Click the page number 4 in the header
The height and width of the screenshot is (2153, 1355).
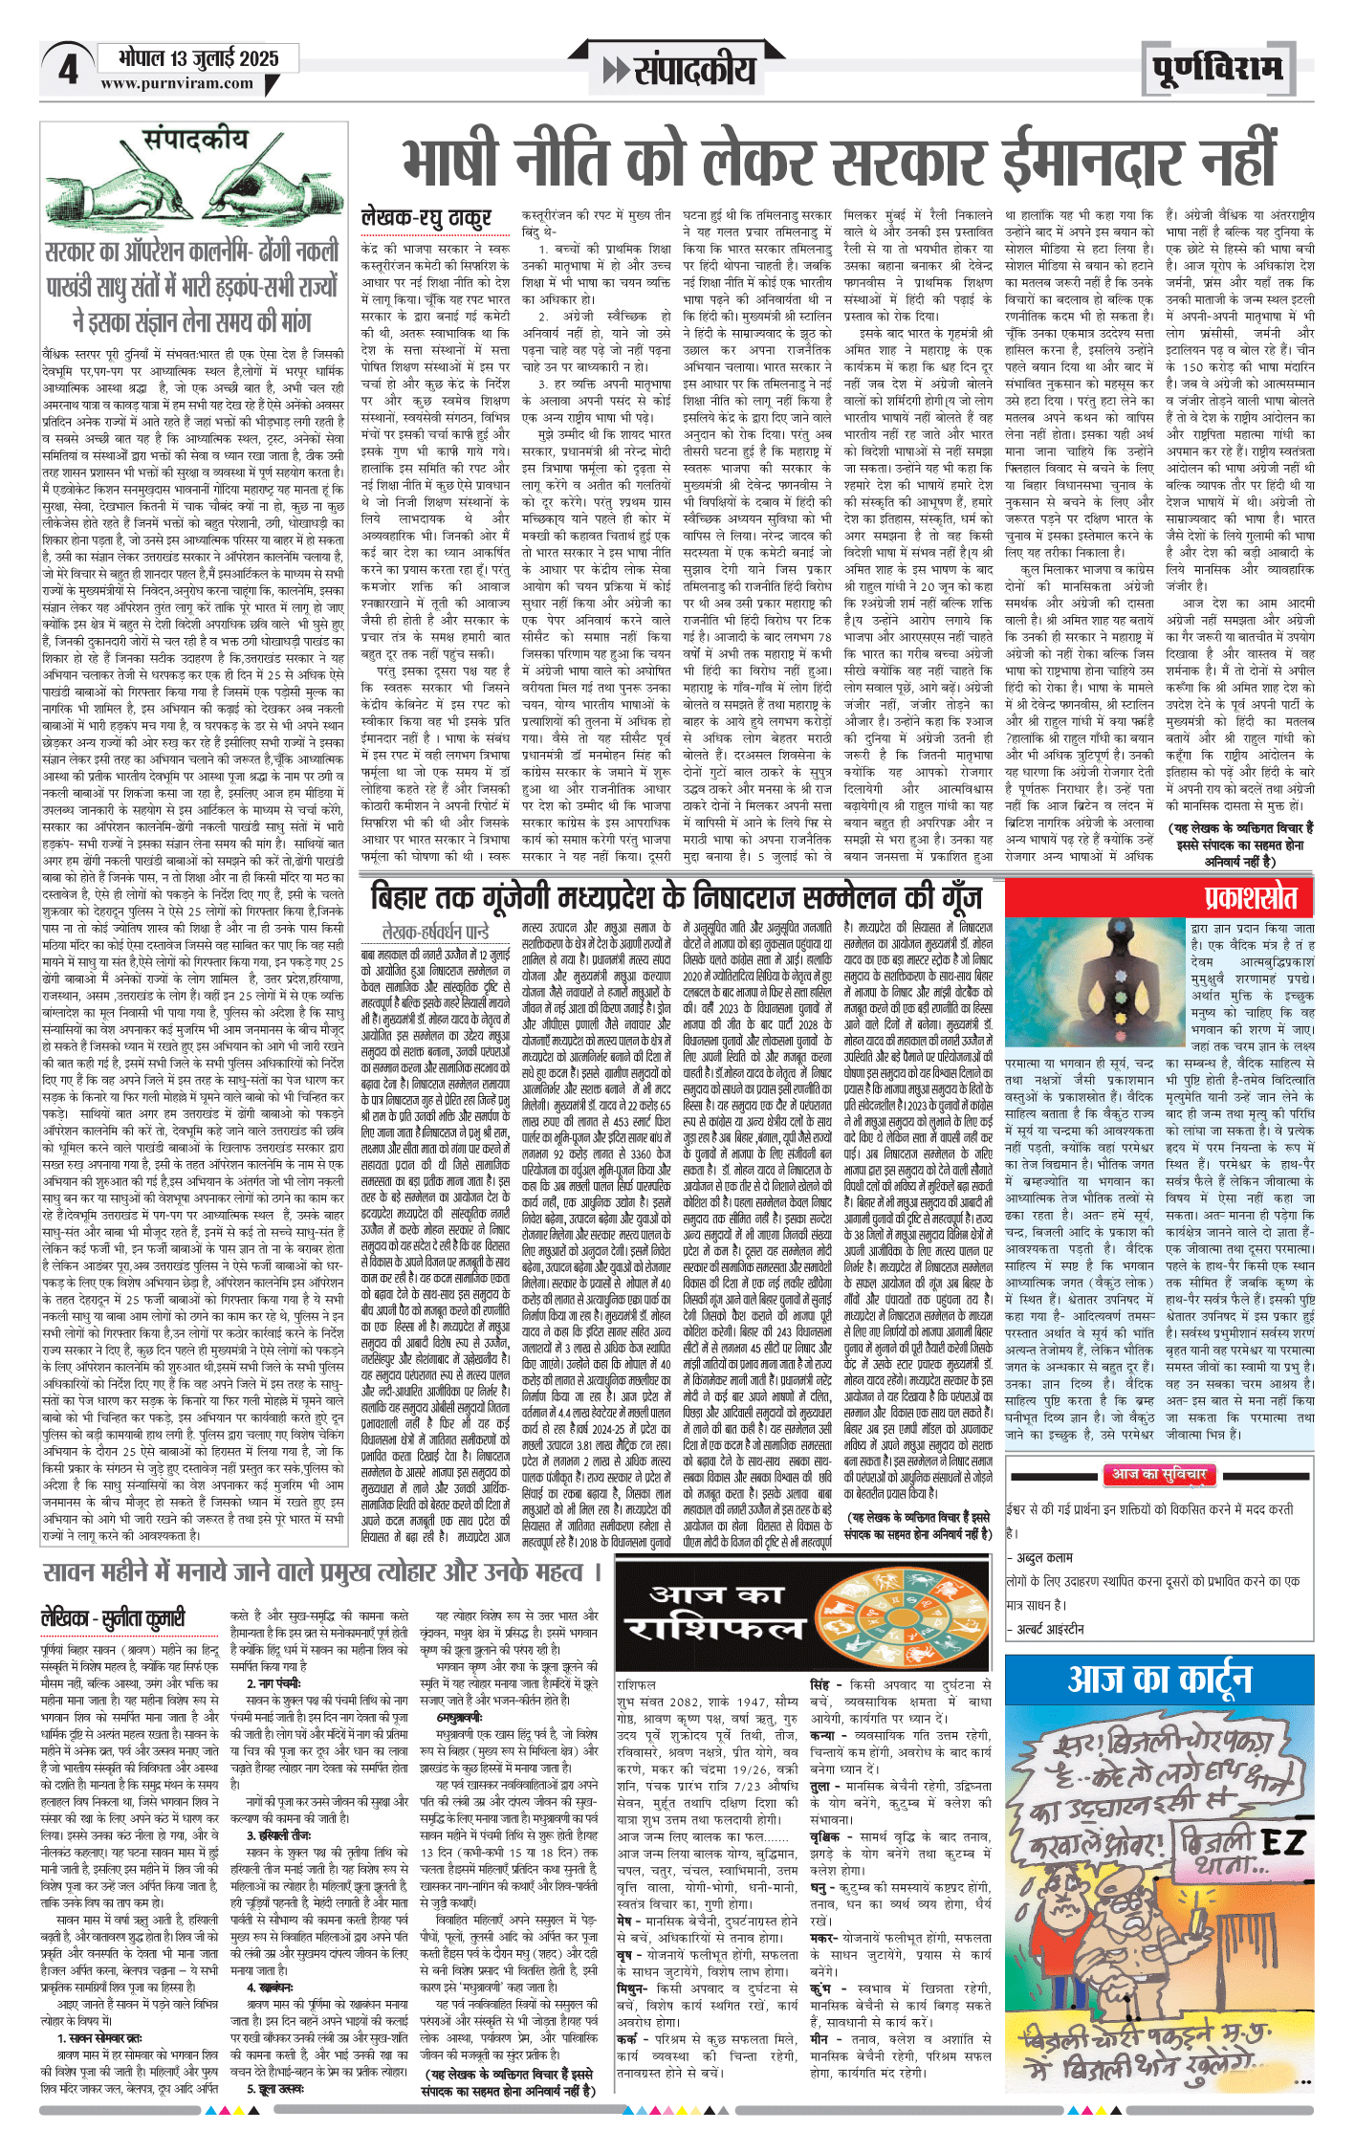(68, 70)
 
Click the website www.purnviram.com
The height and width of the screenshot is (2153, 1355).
(177, 83)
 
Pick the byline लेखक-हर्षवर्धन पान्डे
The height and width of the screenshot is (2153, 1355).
(434, 931)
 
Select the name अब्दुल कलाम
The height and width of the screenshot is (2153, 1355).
(1044, 1557)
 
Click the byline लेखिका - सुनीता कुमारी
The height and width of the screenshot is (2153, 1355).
(113, 1617)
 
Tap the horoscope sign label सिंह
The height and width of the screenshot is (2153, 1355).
(820, 1684)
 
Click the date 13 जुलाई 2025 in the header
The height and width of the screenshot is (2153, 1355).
(198, 58)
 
